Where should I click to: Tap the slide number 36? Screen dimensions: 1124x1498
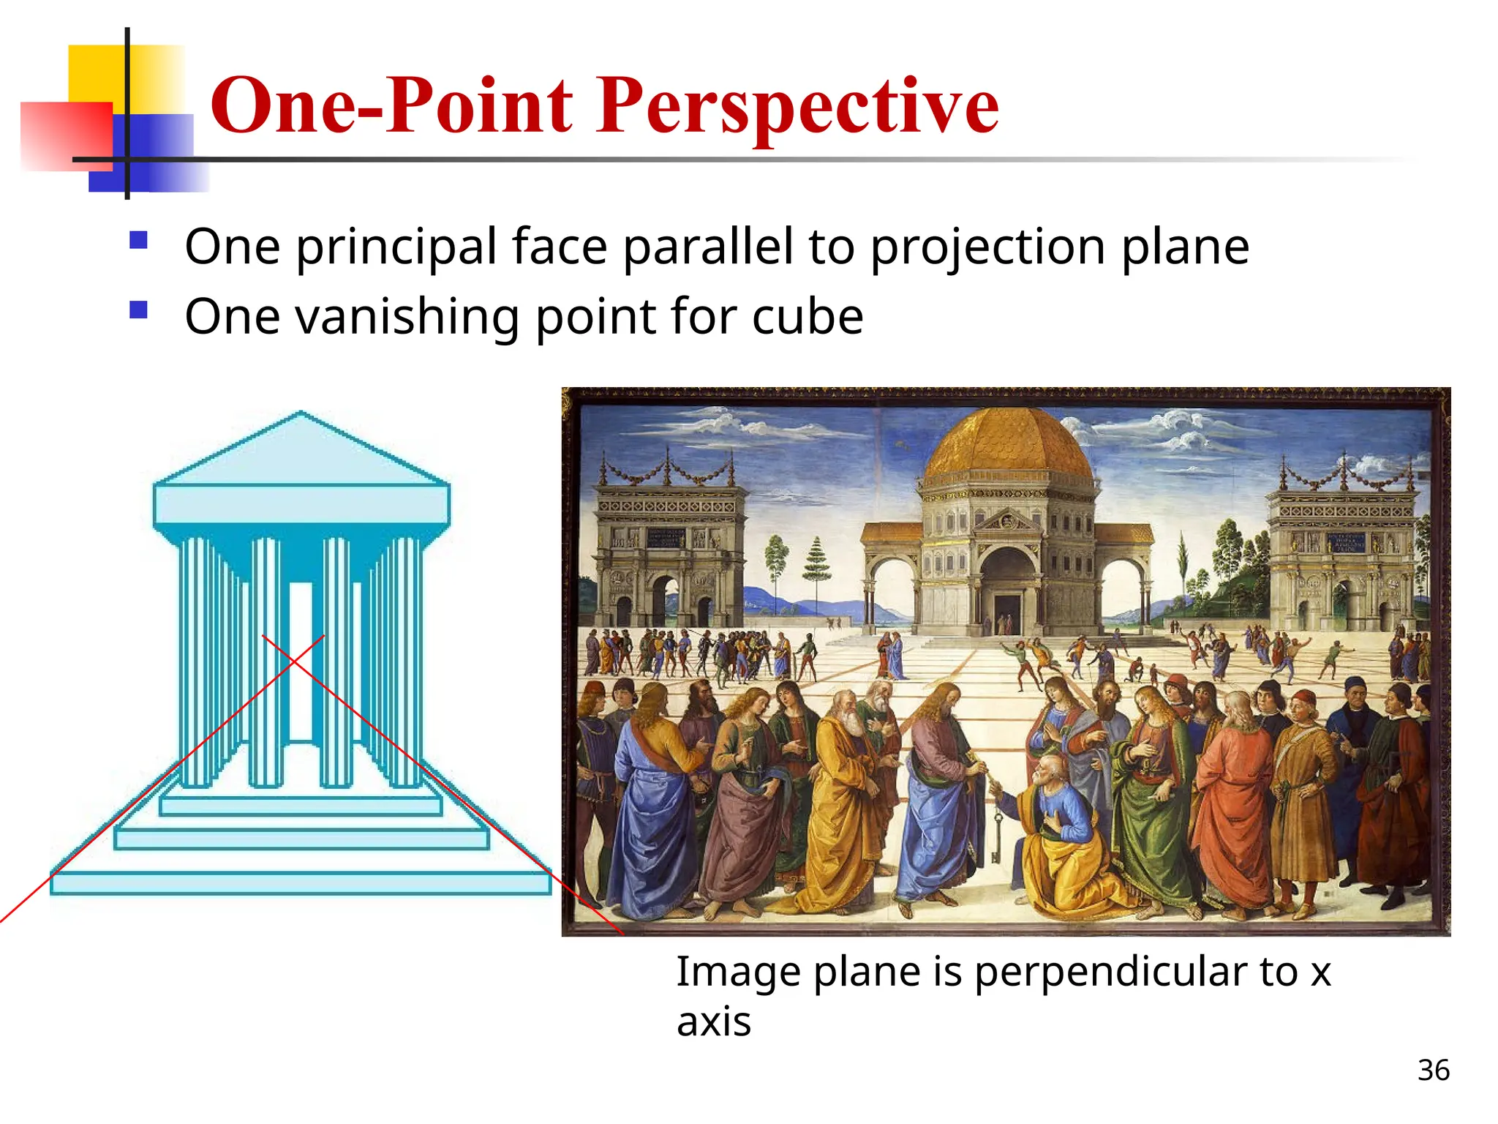point(1433,1070)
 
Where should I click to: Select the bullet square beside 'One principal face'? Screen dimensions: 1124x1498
point(138,240)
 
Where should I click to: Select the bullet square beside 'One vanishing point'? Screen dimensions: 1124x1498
point(138,310)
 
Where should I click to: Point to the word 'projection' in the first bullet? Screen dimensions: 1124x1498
point(987,247)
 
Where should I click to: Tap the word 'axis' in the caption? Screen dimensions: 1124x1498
point(713,1022)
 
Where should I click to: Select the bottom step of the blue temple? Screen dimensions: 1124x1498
point(301,883)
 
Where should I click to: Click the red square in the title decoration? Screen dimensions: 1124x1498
point(66,136)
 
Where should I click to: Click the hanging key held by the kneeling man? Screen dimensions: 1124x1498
point(995,834)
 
